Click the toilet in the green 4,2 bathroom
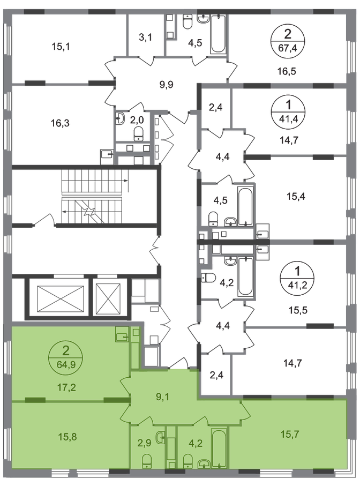pyautogui.click(x=187, y=460)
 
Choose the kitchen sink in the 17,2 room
pyautogui.click(x=121, y=336)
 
